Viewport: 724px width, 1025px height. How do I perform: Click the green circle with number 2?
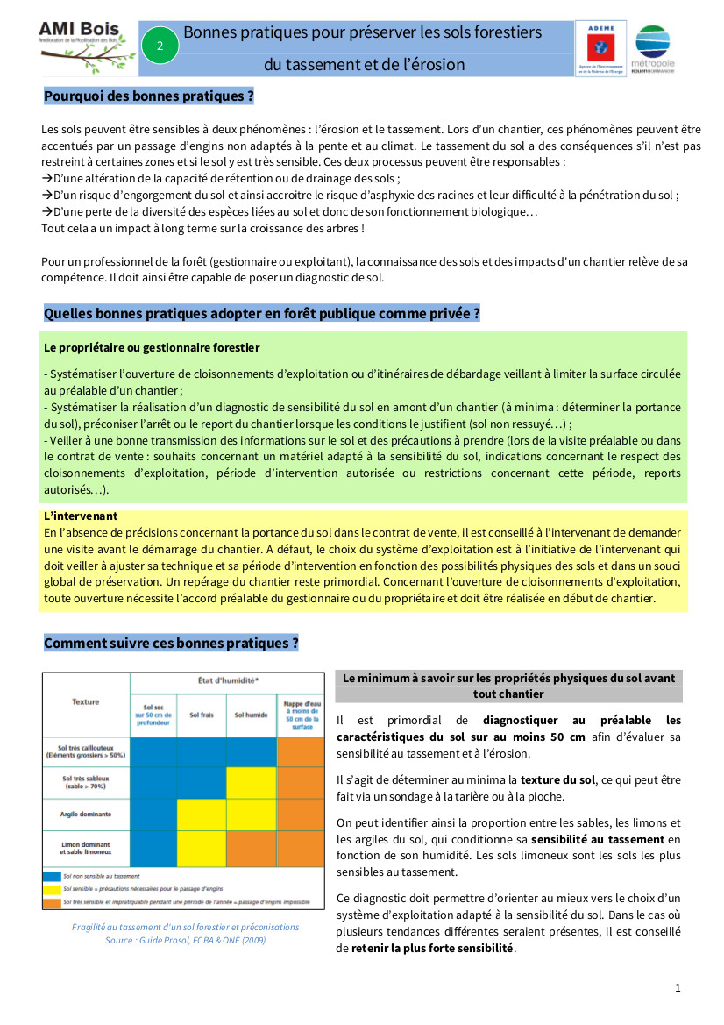pos(160,46)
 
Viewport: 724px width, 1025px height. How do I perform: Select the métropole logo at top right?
pos(656,49)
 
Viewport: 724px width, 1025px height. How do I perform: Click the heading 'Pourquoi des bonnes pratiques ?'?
pos(149,96)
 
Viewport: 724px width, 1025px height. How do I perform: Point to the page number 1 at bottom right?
pos(678,988)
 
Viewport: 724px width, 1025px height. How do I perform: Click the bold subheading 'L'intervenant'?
pos(81,516)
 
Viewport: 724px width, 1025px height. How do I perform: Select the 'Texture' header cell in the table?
pos(86,701)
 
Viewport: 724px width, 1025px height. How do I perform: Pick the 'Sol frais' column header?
pos(202,715)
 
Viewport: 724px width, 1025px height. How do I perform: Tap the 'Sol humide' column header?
pos(251,715)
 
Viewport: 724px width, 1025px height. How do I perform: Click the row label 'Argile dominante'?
pos(86,814)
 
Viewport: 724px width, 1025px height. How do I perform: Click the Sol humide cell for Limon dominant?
pos(251,847)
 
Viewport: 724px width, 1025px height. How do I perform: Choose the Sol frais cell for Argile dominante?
pos(202,815)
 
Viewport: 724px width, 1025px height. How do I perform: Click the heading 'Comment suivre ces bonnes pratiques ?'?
pos(172,643)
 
